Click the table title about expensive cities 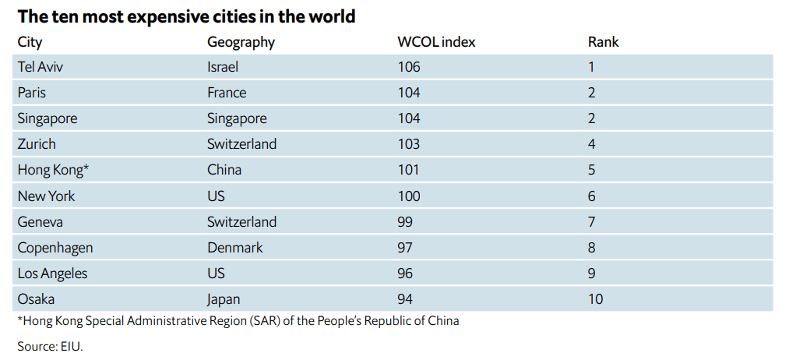[186, 16]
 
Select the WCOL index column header [436, 42]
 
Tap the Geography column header [241, 42]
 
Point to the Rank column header [603, 42]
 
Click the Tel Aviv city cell [40, 67]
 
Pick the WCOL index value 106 [408, 67]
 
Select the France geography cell [227, 93]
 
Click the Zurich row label [37, 144]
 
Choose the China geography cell [224, 170]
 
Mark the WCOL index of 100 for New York [408, 196]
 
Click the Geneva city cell [41, 221]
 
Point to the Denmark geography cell [235, 248]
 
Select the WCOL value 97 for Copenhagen [405, 248]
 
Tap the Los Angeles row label [52, 274]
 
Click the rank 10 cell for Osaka [595, 298]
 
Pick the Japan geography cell [224, 298]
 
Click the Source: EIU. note [50, 346]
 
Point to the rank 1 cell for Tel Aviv [591, 67]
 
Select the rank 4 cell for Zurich [592, 144]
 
